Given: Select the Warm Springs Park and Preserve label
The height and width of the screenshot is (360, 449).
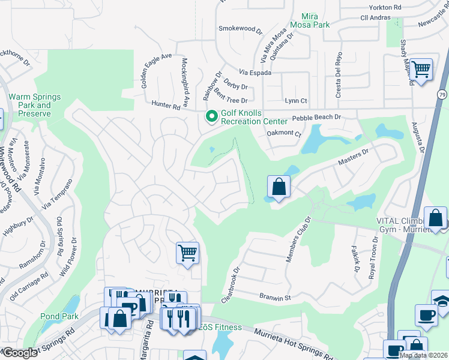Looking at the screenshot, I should [x=29, y=105].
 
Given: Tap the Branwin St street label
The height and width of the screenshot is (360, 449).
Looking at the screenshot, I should [x=275, y=297].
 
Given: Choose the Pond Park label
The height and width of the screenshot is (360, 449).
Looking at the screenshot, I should [x=56, y=316].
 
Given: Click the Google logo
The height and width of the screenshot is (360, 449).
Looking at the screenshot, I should [x=19, y=353].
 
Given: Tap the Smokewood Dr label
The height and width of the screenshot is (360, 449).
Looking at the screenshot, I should [x=241, y=28].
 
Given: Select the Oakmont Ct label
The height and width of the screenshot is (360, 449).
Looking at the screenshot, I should [x=283, y=134].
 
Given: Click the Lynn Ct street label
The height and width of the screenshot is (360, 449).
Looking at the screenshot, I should [x=295, y=101].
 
